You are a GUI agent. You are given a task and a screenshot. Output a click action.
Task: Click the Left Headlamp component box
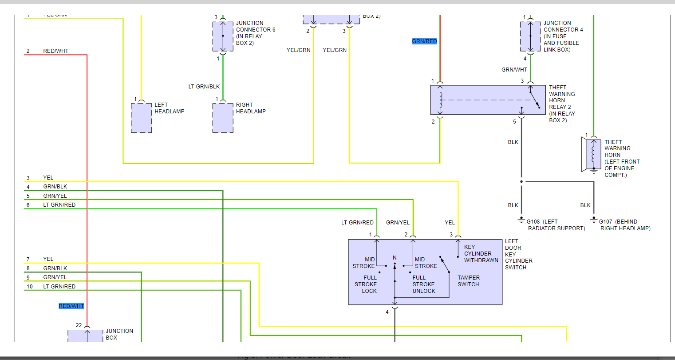pyautogui.click(x=142, y=118)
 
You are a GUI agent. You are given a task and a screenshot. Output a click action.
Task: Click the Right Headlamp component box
pyautogui.click(x=223, y=118)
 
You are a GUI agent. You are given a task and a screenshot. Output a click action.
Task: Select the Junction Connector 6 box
pyautogui.click(x=223, y=36)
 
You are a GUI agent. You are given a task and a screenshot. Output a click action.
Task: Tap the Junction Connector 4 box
pyautogui.click(x=530, y=36)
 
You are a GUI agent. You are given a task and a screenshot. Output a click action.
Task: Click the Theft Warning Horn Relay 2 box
pyautogui.click(x=488, y=100)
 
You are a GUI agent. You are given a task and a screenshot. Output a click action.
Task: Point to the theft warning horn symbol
pyautogui.click(x=592, y=154)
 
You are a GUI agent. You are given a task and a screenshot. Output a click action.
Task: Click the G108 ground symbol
pyautogui.click(x=521, y=220)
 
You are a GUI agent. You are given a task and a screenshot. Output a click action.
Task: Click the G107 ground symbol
pyautogui.click(x=594, y=220)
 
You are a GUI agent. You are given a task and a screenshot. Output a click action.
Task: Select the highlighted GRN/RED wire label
pyautogui.click(x=424, y=41)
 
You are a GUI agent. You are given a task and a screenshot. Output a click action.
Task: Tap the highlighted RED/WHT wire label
pyautogui.click(x=71, y=306)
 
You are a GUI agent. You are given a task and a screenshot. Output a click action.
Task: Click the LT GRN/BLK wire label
pyautogui.click(x=204, y=87)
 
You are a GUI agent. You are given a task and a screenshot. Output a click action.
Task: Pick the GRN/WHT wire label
pyautogui.click(x=514, y=70)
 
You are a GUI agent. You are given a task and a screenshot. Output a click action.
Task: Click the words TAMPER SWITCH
pyautogui.click(x=469, y=281)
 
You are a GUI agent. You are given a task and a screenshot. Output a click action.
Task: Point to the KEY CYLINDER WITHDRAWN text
pyautogui.click(x=481, y=254)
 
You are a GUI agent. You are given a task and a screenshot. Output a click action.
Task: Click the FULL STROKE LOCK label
pyautogui.click(x=366, y=284)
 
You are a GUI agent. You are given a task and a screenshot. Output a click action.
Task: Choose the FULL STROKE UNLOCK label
pyautogui.click(x=424, y=284)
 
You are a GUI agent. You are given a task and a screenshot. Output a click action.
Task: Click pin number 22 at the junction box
pyautogui.click(x=79, y=325)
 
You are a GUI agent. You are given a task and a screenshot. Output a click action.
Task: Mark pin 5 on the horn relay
pyautogui.click(x=515, y=122)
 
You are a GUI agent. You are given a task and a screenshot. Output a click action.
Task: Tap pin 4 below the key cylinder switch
pyautogui.click(x=387, y=312)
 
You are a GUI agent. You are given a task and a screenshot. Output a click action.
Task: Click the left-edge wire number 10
pyautogui.click(x=30, y=287)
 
